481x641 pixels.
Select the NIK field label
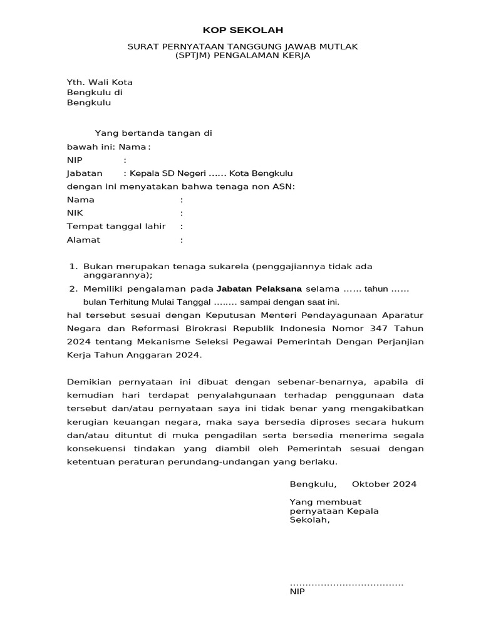pyautogui.click(x=75, y=213)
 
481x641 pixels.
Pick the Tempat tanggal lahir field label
pyautogui.click(x=116, y=226)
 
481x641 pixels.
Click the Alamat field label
pyautogui.click(x=83, y=240)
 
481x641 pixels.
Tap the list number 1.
pyautogui.click(x=73, y=267)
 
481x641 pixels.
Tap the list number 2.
pyautogui.click(x=73, y=289)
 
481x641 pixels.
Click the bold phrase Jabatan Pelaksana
pyautogui.click(x=259, y=289)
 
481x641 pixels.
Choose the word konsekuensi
pyautogui.click(x=96, y=449)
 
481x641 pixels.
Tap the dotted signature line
pyautogui.click(x=346, y=583)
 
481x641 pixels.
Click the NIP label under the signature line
pyautogui.click(x=297, y=592)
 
